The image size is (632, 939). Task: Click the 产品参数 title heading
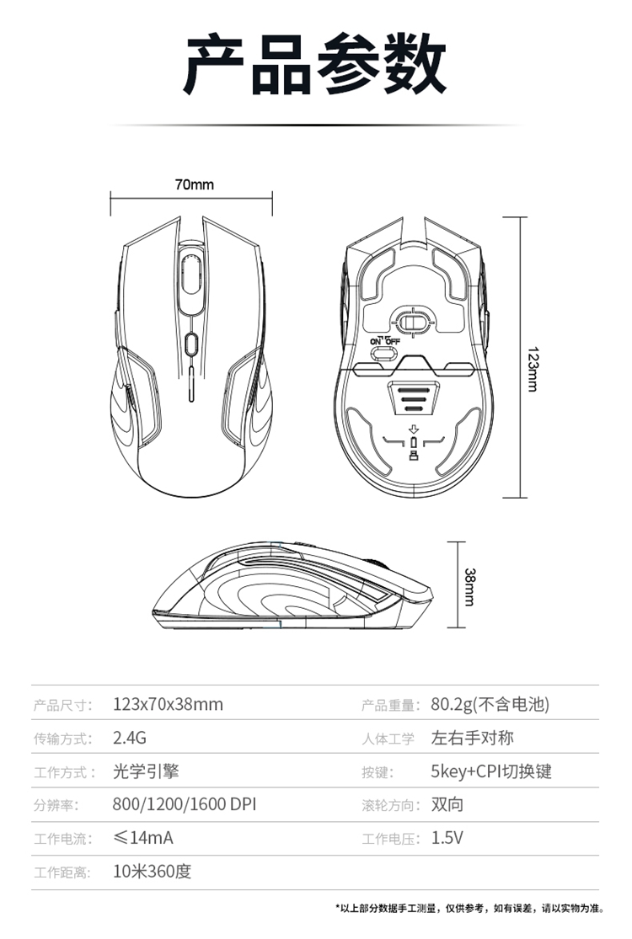click(x=315, y=65)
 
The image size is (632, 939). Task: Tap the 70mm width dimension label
click(x=194, y=184)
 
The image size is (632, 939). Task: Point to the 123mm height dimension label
click(x=532, y=369)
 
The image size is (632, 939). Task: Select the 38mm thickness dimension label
click(x=469, y=587)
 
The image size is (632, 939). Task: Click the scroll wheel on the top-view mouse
click(x=191, y=273)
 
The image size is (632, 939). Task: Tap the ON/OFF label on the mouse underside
click(x=384, y=341)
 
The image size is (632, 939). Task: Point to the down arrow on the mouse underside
click(x=413, y=429)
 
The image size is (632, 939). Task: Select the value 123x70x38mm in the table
click(x=168, y=704)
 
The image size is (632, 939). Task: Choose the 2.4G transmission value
click(x=130, y=738)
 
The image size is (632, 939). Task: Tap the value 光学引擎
click(x=146, y=771)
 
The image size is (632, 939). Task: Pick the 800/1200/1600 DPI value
click(x=185, y=805)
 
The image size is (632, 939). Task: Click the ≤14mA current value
click(x=143, y=838)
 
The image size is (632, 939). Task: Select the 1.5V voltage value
click(x=447, y=838)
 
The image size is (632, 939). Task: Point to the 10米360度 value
click(x=153, y=872)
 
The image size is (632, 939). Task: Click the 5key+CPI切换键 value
click(x=491, y=771)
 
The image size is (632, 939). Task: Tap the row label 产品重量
click(x=389, y=706)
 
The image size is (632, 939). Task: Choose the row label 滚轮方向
click(x=389, y=805)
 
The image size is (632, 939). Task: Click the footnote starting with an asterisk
click(x=469, y=909)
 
